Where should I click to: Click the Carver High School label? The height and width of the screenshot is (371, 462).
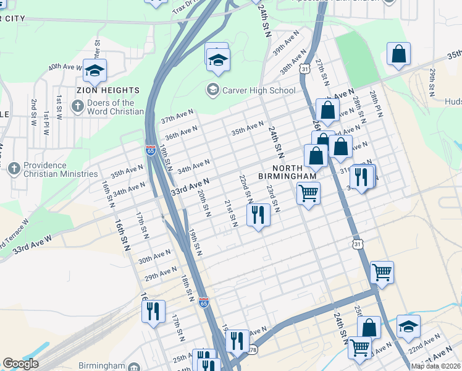[258, 90]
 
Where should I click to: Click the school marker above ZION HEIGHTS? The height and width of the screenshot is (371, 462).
[94, 71]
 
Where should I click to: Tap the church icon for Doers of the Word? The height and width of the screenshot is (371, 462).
[77, 106]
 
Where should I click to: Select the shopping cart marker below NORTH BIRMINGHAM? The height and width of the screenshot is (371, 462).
[308, 193]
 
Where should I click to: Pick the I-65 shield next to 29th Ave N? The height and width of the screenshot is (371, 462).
[204, 302]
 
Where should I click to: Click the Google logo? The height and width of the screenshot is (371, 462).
[21, 364]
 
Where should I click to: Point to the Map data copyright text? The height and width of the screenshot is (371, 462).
[436, 366]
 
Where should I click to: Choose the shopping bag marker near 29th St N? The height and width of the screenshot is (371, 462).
[399, 54]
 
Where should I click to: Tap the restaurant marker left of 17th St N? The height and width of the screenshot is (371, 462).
[153, 311]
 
